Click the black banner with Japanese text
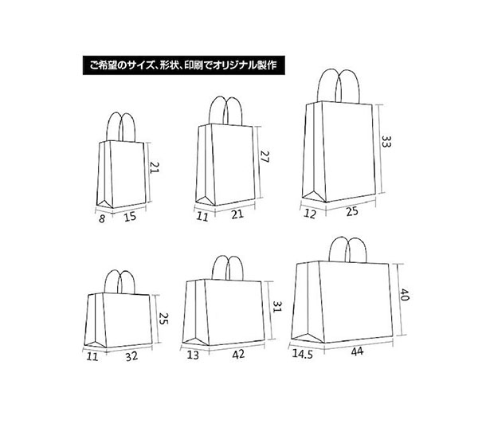184,65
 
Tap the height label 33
386,142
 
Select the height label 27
265,156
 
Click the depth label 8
102,218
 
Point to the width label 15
130,217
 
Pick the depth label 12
310,214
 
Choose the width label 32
131,356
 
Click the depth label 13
193,355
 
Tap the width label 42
238,354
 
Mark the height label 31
278,307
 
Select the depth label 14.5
303,354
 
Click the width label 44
357,351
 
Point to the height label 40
404,295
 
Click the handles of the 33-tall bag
339,86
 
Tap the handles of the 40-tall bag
348,249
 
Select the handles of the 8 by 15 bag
121,128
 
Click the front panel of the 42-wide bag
233,312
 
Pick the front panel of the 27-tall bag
233,165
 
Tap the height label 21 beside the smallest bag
155,167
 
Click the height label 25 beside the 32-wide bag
163,319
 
